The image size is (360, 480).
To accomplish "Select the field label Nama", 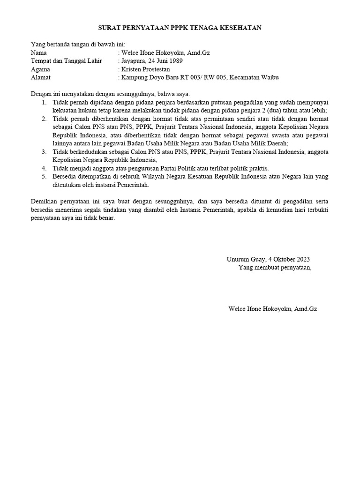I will [39, 53].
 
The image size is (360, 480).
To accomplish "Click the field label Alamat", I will [41, 77].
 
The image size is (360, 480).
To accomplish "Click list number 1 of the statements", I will [44, 102].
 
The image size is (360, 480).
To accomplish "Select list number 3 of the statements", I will [44, 152].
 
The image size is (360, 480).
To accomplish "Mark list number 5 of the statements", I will [44, 177].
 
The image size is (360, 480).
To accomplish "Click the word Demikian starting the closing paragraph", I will [45, 201].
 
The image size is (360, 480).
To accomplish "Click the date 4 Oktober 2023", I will [289, 259].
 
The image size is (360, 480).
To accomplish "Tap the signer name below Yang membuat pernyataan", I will [272, 309].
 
